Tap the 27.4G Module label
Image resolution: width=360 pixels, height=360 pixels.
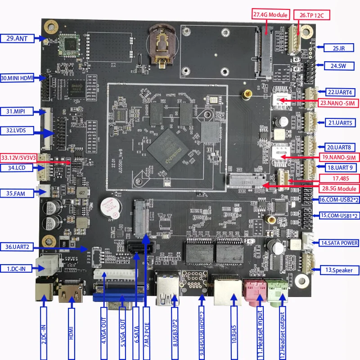(270, 14)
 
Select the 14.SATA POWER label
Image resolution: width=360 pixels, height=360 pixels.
(339, 243)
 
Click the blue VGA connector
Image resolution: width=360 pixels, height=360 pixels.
(119, 297)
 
